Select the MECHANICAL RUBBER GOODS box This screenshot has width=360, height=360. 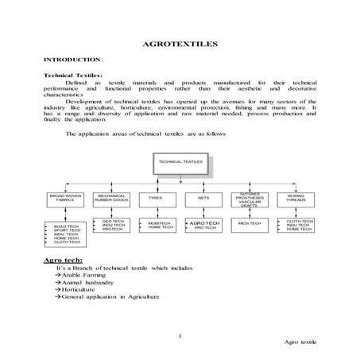[x=112, y=199]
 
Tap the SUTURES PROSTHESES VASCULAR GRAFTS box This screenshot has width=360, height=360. [x=249, y=199]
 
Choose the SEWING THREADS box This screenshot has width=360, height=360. [x=296, y=199]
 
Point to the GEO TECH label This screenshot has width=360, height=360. [x=113, y=221]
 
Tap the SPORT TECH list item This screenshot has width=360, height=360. [x=66, y=230]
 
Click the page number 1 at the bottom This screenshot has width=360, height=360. [x=181, y=336]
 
